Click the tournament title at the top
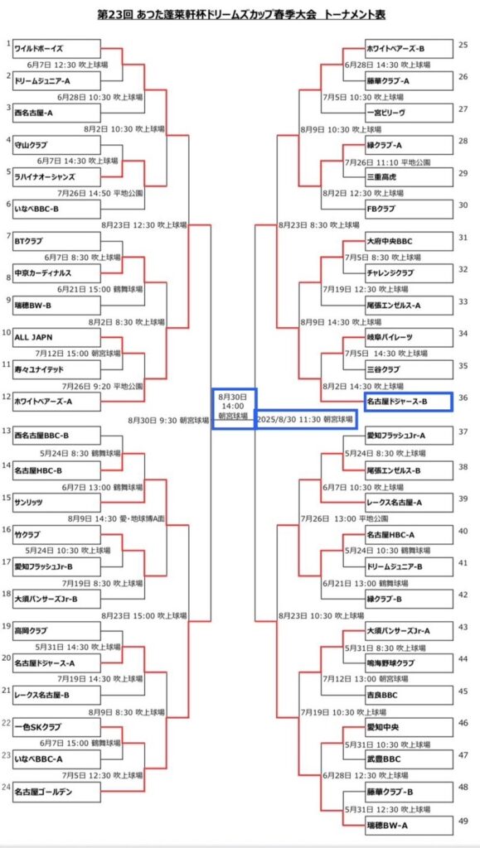coord(240,15)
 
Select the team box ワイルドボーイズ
coord(57,48)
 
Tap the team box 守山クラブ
coord(57,145)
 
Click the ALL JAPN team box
coord(57,338)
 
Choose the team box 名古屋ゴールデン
coord(57,793)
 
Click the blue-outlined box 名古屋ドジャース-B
coord(408,402)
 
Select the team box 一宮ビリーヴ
coord(408,113)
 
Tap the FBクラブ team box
coord(408,209)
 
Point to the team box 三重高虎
coord(408,177)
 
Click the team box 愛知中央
coord(408,727)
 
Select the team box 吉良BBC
coord(408,695)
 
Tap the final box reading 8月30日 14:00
coord(233,408)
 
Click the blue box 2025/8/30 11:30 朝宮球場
coord(306,419)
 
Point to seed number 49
coord(463,821)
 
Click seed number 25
coord(463,45)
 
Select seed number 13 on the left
coord(6,431)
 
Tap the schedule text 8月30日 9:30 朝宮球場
coord(168,419)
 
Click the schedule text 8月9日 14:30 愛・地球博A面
coord(124,518)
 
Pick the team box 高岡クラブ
coord(57,631)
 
